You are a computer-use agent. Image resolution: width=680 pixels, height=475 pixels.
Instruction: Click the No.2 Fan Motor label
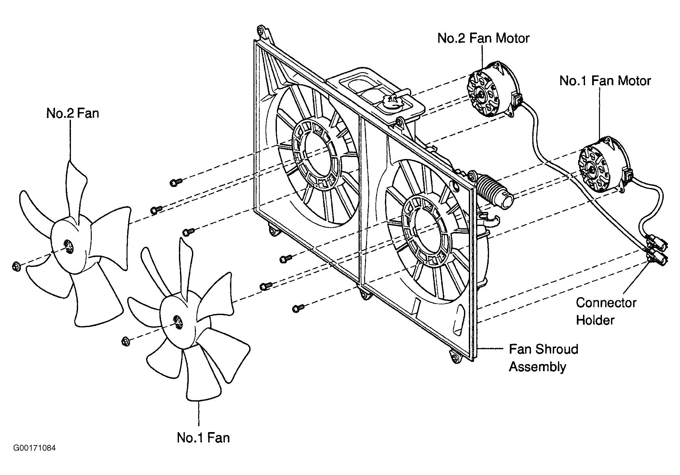pos(483,38)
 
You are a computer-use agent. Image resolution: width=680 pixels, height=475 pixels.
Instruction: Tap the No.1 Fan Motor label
pos(605,81)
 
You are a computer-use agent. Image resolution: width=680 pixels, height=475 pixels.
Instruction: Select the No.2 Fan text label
pos(73,113)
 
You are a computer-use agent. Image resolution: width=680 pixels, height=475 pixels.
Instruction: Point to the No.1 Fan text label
pos(203,438)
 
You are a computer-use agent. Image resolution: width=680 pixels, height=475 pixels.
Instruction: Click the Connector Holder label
pos(606,311)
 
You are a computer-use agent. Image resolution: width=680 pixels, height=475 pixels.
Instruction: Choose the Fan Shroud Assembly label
pos(544,358)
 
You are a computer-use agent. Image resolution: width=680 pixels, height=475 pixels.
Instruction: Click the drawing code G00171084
pos(34,449)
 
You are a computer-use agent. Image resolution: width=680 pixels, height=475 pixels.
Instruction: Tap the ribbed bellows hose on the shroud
pos(494,192)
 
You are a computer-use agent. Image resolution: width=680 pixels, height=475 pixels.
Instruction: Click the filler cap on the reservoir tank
pos(394,102)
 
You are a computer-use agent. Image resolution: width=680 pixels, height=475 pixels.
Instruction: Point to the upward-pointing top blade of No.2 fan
pos(77,189)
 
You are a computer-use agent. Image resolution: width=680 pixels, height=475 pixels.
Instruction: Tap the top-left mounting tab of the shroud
pos(264,34)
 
